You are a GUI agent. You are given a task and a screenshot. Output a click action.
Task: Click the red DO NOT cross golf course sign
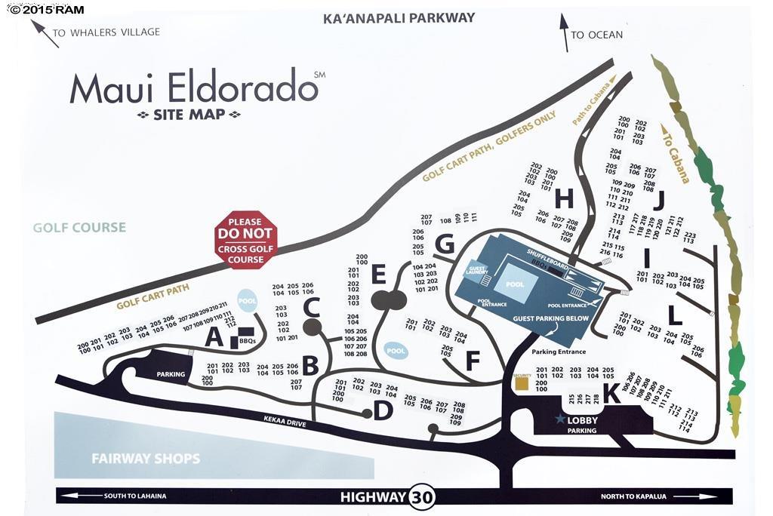[x=246, y=239]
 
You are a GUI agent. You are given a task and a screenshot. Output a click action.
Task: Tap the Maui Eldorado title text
[x=193, y=88]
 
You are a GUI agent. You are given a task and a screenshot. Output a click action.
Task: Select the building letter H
[x=563, y=198]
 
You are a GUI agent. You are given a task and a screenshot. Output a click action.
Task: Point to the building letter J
[x=658, y=200]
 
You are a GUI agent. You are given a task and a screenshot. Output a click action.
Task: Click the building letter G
[x=445, y=244]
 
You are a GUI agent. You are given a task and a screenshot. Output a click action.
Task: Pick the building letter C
[x=311, y=306]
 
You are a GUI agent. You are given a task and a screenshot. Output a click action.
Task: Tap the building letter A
[x=214, y=338]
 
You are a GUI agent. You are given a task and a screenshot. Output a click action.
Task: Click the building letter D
[x=383, y=411]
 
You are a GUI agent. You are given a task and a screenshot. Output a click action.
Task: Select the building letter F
[x=473, y=361]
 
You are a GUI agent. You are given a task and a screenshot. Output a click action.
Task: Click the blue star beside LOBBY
[x=560, y=419]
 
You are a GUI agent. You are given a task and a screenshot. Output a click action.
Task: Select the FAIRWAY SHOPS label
[x=146, y=458]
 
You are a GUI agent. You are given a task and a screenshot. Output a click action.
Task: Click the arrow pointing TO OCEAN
[x=564, y=32]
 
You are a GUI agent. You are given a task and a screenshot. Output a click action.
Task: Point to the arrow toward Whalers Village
[x=45, y=34]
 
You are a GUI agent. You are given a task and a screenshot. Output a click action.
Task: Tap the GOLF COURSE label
[x=79, y=227]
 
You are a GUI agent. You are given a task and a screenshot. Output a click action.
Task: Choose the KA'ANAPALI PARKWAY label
[x=399, y=17]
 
